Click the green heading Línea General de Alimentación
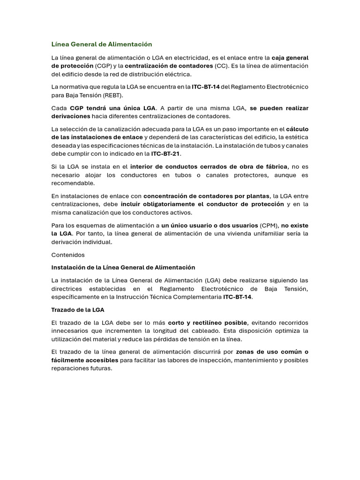102,44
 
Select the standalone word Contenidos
68,255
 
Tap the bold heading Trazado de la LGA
78,310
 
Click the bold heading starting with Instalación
123,267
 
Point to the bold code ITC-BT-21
165,154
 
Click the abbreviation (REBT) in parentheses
109,95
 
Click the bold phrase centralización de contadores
169,66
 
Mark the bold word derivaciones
70,116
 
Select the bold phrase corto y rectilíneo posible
207,322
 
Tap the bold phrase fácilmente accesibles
85,360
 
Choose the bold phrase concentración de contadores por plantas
206,196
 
